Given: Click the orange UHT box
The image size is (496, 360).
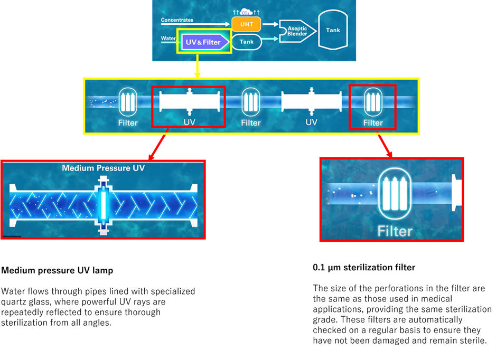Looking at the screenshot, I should [246, 24].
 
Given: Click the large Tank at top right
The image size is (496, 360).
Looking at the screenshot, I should [333, 30].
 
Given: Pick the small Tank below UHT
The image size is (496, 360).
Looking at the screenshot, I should [247, 42].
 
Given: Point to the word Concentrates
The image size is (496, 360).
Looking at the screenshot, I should [177, 20].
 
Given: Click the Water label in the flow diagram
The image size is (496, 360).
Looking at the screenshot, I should [169, 39].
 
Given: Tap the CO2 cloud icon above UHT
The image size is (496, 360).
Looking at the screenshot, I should [244, 12].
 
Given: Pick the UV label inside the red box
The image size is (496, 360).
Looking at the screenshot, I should [189, 122].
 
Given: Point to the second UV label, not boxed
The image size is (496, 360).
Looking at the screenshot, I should [312, 122].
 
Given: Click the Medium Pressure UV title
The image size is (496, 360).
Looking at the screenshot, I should [103, 168].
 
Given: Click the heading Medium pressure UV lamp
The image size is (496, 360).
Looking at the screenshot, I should [57, 271].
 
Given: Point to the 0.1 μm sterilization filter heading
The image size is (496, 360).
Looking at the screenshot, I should [364, 268].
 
